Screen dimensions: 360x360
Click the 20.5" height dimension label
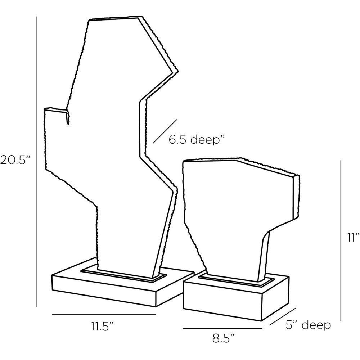pos(15,160)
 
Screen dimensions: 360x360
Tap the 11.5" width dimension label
pos(102,326)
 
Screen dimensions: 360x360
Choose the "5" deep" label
pos(308,325)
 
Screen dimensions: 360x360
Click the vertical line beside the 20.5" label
pos(36,162)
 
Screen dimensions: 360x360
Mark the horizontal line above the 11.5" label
pos(104,314)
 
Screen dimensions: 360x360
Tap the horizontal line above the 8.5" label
pos(222,328)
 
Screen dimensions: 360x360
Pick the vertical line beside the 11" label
pos(341,240)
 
